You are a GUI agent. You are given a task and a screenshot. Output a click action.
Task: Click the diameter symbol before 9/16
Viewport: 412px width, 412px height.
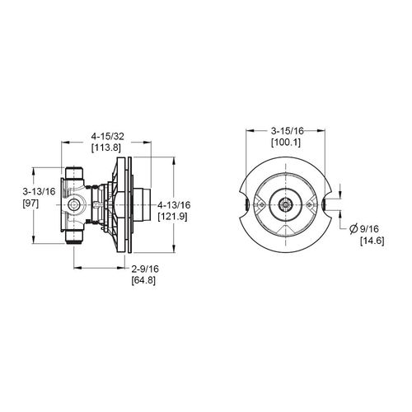[354, 228]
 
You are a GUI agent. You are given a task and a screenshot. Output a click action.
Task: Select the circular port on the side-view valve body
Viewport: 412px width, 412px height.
[75, 204]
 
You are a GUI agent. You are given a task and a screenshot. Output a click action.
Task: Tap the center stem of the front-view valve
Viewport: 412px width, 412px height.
[285, 204]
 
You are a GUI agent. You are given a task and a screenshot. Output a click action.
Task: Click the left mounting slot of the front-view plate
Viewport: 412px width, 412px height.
[246, 204]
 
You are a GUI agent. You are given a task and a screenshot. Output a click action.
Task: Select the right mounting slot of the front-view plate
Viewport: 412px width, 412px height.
[325, 204]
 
